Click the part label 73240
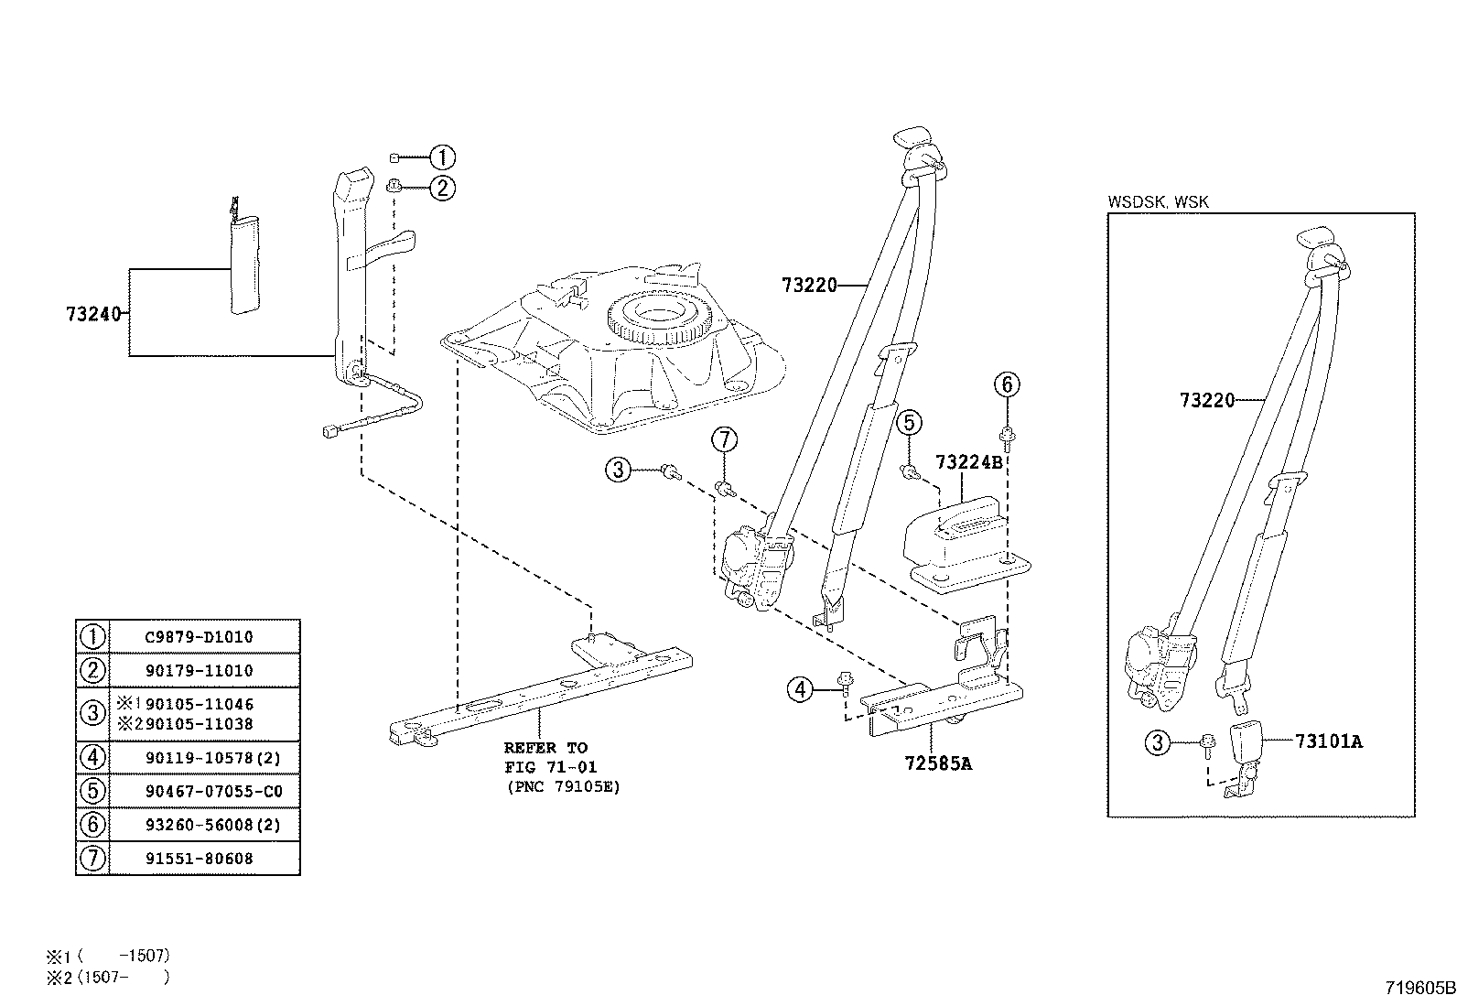pos(93,313)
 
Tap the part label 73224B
pos(968,462)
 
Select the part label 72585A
pos(937,762)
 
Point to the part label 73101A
pos(1328,741)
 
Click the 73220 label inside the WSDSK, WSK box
pos(1206,400)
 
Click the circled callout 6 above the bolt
pos(1007,384)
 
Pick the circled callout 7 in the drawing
pos(724,440)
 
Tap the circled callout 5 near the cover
pos(908,423)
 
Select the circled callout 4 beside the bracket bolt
pos(801,689)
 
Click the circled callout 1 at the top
pos(442,157)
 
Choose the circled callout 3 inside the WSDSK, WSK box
pos(1158,742)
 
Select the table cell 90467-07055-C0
pos(213,791)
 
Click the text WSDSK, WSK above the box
pos(1158,201)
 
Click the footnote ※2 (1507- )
pos(108,977)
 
